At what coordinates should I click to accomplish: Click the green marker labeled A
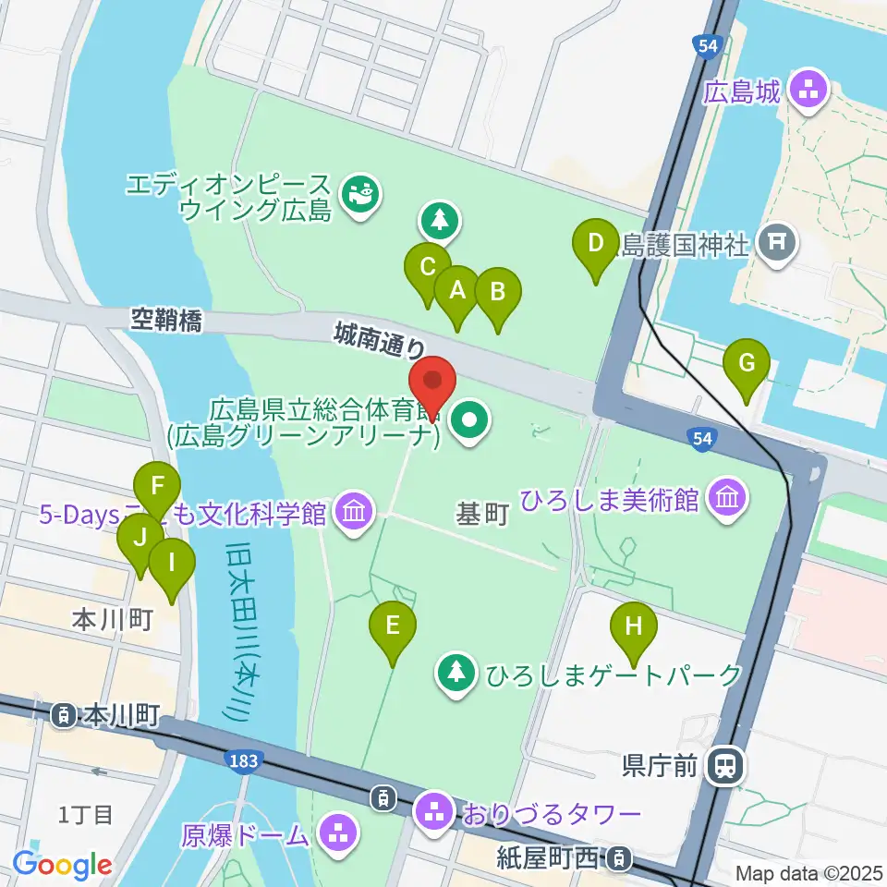point(456,291)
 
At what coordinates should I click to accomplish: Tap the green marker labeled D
point(596,244)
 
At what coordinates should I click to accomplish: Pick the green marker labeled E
point(393,626)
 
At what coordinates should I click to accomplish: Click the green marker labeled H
point(634,626)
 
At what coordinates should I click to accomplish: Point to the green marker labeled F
point(157,486)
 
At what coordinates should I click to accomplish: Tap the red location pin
point(432,381)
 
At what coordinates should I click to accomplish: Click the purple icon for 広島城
point(812,91)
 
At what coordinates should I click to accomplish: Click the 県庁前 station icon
point(725,764)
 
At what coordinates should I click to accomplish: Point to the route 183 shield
point(244,759)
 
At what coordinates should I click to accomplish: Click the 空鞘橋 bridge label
point(165,320)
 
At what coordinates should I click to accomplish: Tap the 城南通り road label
point(380,338)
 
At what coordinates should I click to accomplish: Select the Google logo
point(62,865)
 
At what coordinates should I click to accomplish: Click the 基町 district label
point(483,514)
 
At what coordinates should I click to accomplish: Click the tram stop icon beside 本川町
point(65,714)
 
